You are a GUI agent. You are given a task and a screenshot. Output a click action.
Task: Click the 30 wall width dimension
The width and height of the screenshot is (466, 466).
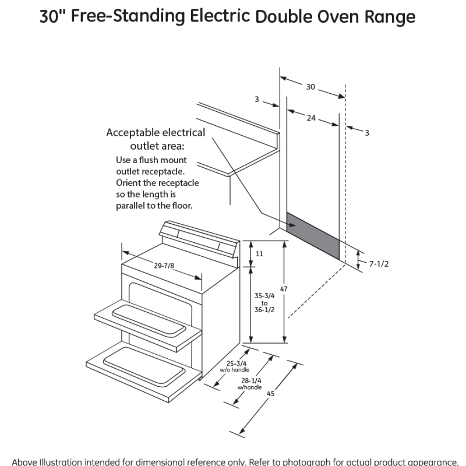coord(310,87)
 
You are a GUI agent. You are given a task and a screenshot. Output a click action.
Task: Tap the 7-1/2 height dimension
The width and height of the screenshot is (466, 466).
coord(379,264)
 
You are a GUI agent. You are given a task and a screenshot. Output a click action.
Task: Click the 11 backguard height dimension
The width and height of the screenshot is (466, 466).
coord(259,253)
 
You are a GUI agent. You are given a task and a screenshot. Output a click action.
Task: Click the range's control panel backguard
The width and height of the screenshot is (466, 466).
coord(198,237)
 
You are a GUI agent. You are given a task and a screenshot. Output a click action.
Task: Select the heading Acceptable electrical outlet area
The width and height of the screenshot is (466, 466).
coord(156,139)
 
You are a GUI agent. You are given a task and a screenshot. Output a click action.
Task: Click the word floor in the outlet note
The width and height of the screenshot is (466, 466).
coord(179,206)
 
